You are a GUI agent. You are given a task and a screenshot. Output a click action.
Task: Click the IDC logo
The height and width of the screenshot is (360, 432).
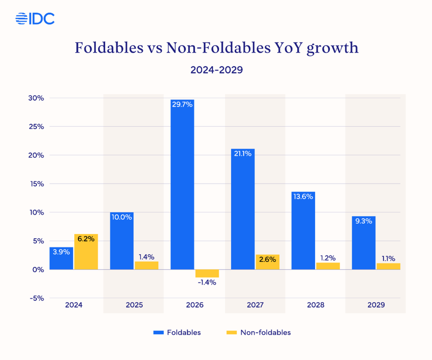[x=35, y=18]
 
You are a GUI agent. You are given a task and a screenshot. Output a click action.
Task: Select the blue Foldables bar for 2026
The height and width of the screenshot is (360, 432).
[x=182, y=185]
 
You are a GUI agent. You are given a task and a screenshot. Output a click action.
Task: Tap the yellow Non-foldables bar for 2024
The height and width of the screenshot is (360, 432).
[x=86, y=252]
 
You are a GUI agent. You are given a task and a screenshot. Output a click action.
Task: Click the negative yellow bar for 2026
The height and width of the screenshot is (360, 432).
[x=207, y=273]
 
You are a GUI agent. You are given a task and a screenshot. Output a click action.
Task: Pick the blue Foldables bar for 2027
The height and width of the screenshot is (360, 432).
[x=243, y=211]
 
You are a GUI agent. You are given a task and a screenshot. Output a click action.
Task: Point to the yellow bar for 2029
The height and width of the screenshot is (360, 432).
[x=388, y=266]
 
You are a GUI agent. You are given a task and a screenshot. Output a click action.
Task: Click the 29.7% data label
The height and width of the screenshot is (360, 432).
[x=182, y=104]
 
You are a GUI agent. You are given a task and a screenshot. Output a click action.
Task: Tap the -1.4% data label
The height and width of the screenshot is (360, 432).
[x=207, y=282]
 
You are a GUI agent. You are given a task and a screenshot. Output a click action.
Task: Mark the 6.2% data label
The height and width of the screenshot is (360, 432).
[x=86, y=239]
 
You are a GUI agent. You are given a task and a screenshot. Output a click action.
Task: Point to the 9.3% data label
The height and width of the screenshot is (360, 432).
[x=363, y=220]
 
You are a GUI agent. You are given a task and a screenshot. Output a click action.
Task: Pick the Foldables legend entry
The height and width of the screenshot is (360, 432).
[x=177, y=332]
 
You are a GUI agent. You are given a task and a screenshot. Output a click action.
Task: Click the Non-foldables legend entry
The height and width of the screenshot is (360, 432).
[x=258, y=332]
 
